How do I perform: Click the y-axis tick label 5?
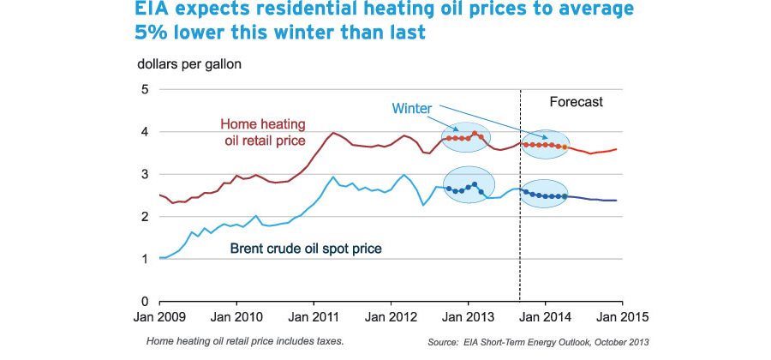pyautogui.click(x=145, y=90)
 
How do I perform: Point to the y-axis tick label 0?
pyautogui.click(x=145, y=302)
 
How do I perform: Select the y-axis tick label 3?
pyautogui.click(x=145, y=175)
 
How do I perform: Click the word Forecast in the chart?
pyautogui.click(x=576, y=102)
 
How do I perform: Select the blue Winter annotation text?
pyautogui.click(x=411, y=109)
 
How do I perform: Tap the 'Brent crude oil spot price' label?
pyautogui.click(x=306, y=249)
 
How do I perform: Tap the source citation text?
pyautogui.click(x=538, y=342)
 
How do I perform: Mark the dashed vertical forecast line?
pyautogui.click(x=520, y=214)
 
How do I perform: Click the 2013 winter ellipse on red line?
pyautogui.click(x=466, y=136)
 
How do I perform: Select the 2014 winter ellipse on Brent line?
pyautogui.click(x=546, y=195)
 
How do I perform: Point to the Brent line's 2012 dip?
pyautogui.click(x=423, y=204)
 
